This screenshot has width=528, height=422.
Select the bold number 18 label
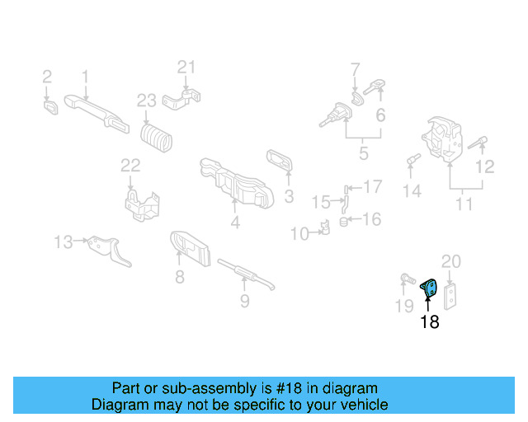(x=429, y=322)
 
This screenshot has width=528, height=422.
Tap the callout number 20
(x=450, y=262)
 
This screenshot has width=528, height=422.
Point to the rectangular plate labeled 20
(x=451, y=295)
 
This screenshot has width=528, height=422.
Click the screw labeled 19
(x=407, y=280)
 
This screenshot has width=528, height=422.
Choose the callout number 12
(x=484, y=166)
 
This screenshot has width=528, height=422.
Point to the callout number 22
(x=131, y=166)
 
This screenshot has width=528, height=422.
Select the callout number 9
(x=244, y=301)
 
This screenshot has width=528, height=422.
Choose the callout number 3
(x=289, y=196)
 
